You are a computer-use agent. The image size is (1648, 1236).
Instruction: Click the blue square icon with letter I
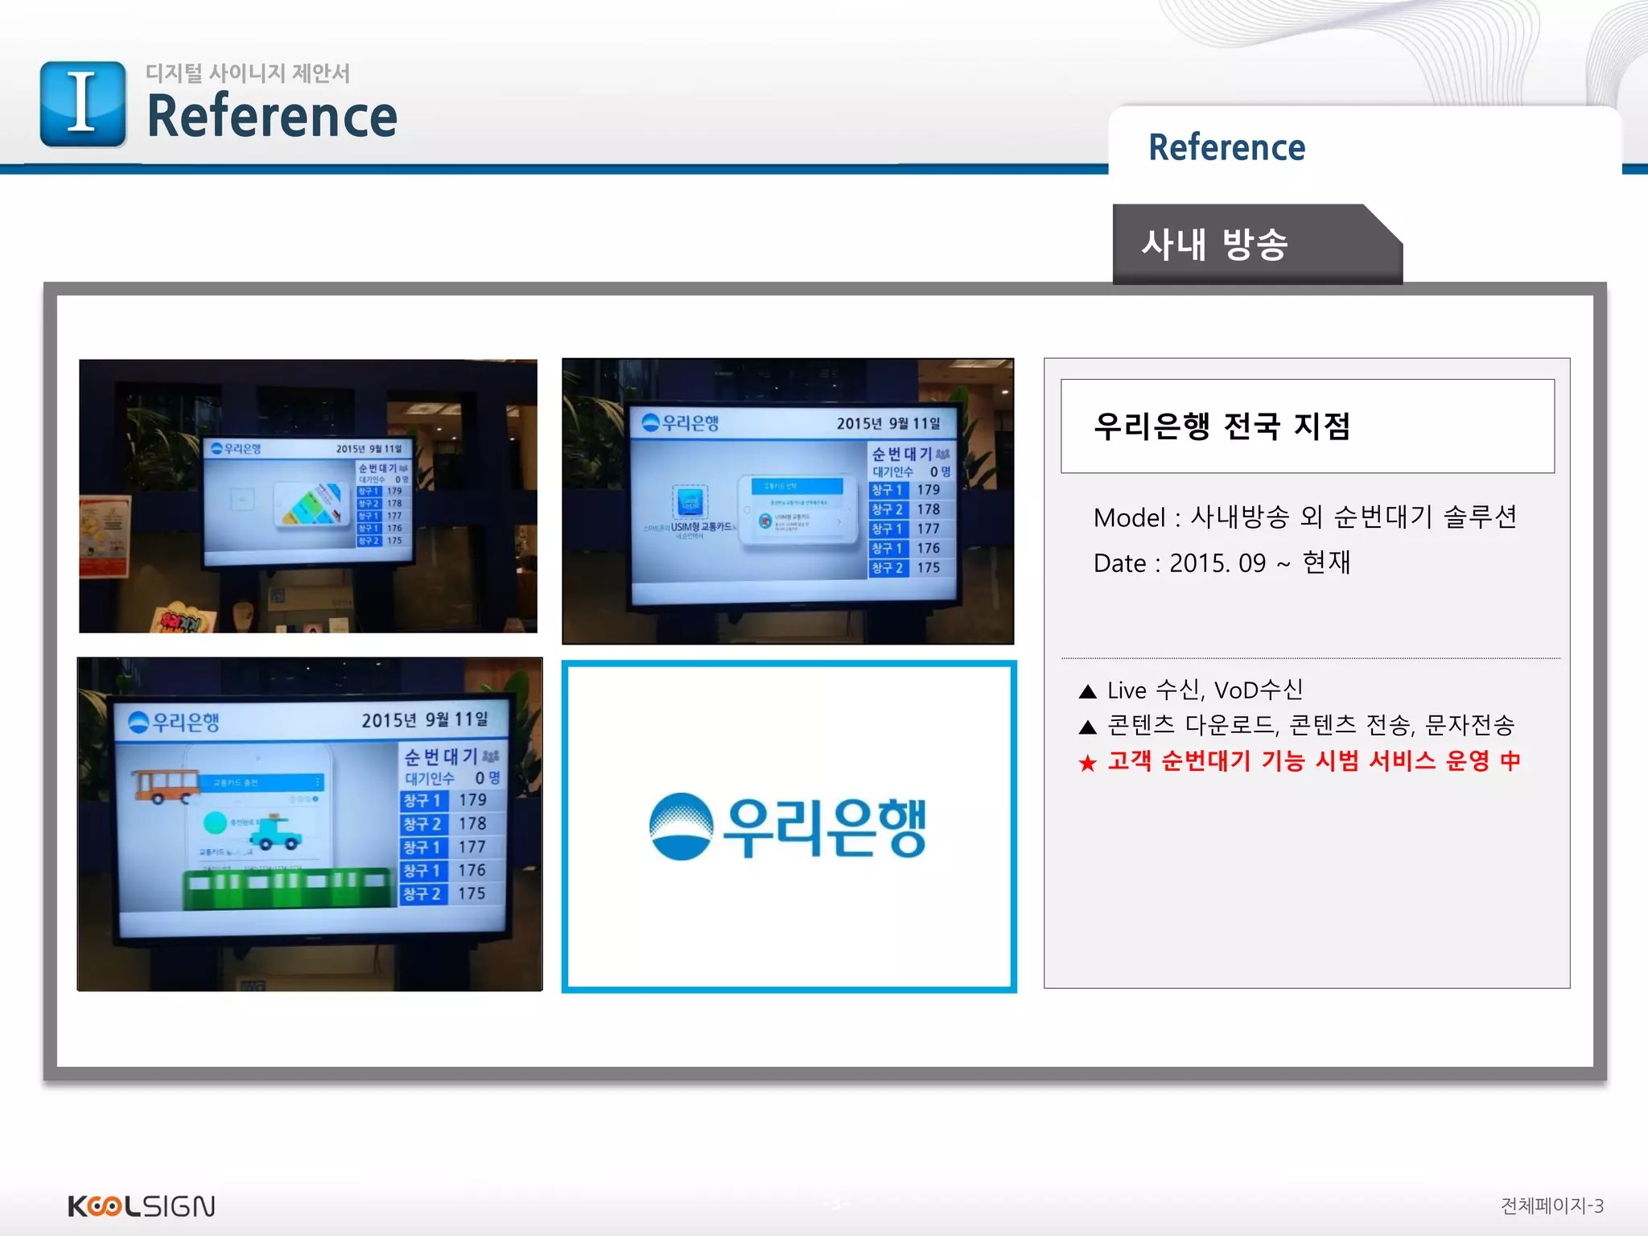(x=83, y=104)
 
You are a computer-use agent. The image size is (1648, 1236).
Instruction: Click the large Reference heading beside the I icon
(x=272, y=117)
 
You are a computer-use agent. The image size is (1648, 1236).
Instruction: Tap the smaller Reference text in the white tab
(x=1226, y=148)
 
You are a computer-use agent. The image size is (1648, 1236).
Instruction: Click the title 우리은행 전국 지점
(x=1222, y=426)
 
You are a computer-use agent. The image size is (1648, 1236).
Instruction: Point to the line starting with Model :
(x=1304, y=517)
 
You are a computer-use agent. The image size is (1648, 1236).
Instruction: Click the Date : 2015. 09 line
(x=1221, y=562)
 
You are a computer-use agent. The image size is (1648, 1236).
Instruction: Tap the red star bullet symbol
(x=1088, y=763)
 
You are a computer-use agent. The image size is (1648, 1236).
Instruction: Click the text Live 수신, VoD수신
(x=1205, y=690)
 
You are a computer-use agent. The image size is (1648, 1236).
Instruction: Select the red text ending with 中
(x=1313, y=761)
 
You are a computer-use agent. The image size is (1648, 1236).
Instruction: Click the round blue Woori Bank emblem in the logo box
(x=681, y=826)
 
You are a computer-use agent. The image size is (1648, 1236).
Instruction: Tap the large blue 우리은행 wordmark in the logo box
(x=824, y=827)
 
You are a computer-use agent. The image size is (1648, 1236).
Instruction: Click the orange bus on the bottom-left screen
(x=165, y=785)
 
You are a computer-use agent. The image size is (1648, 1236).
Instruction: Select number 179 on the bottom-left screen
(x=472, y=800)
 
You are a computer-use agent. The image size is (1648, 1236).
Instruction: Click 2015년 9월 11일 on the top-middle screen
(x=888, y=423)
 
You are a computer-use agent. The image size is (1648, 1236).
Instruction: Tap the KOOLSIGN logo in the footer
(x=142, y=1206)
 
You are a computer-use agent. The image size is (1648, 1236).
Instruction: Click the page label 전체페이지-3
(x=1551, y=1205)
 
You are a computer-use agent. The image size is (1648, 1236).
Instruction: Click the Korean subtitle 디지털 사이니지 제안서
(x=248, y=73)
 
